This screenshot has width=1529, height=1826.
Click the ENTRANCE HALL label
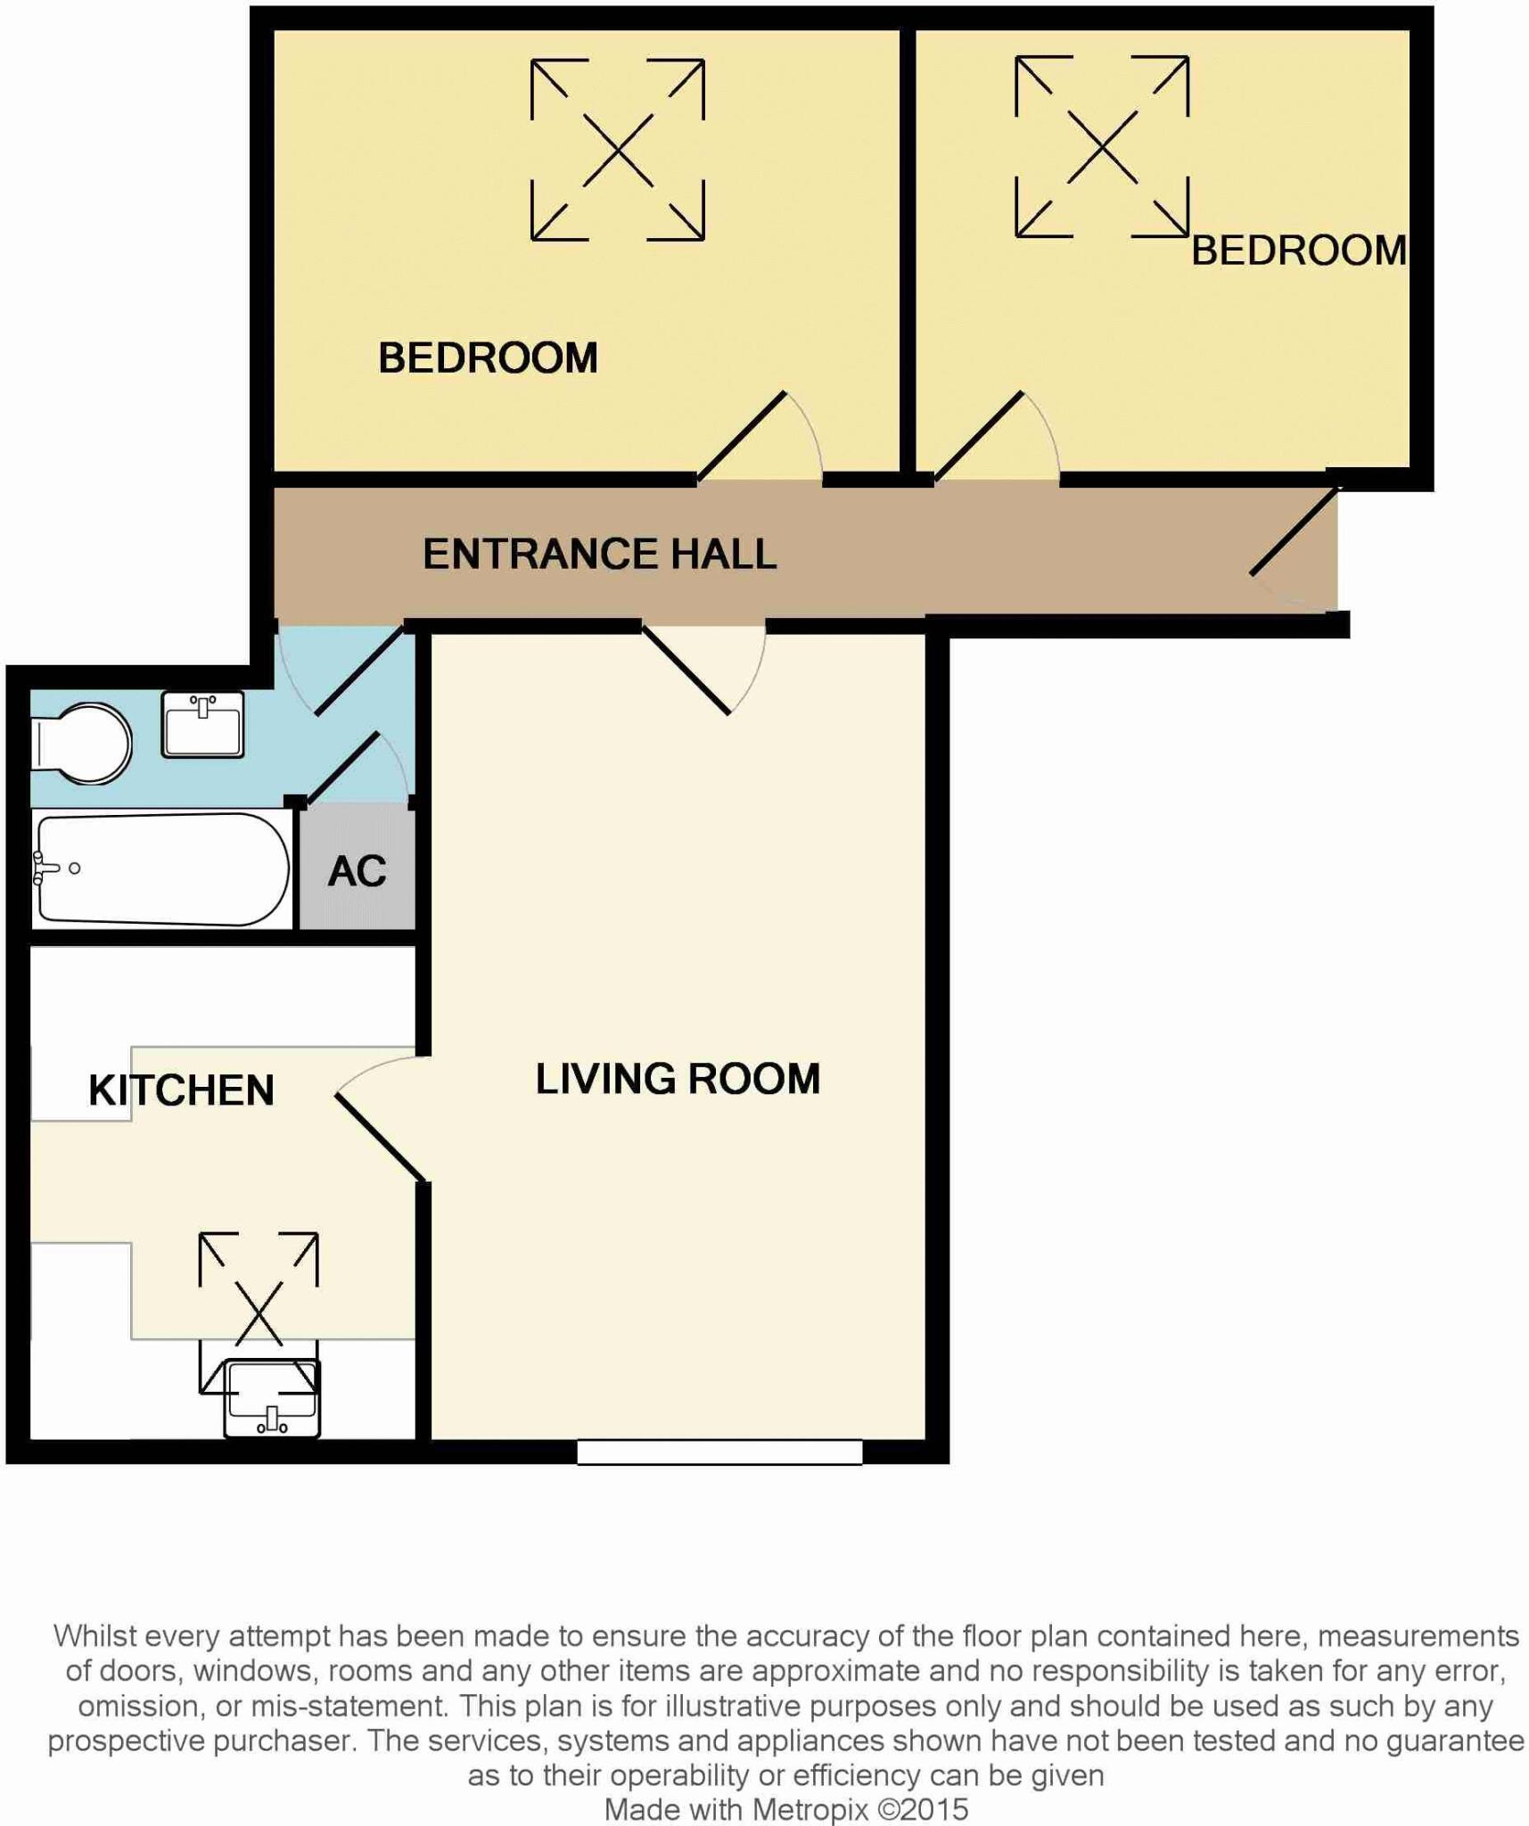[x=599, y=554]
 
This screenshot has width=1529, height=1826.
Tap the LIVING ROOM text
[x=678, y=1079]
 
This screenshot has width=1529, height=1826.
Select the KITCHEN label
[x=181, y=1090]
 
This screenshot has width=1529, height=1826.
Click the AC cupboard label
[x=357, y=871]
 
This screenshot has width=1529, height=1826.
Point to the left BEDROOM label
[x=488, y=358]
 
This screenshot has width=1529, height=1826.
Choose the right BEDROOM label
[x=1299, y=251]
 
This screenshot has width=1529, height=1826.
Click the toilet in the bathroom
[x=82, y=744]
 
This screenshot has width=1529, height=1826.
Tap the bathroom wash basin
[x=202, y=725]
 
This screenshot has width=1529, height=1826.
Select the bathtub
[x=160, y=868]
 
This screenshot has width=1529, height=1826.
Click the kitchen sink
[x=272, y=1398]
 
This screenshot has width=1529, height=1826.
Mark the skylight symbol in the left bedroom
[x=618, y=150]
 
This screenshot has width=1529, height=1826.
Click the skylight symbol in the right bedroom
[x=1102, y=147]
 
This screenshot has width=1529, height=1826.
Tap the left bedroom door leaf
[x=742, y=436]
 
